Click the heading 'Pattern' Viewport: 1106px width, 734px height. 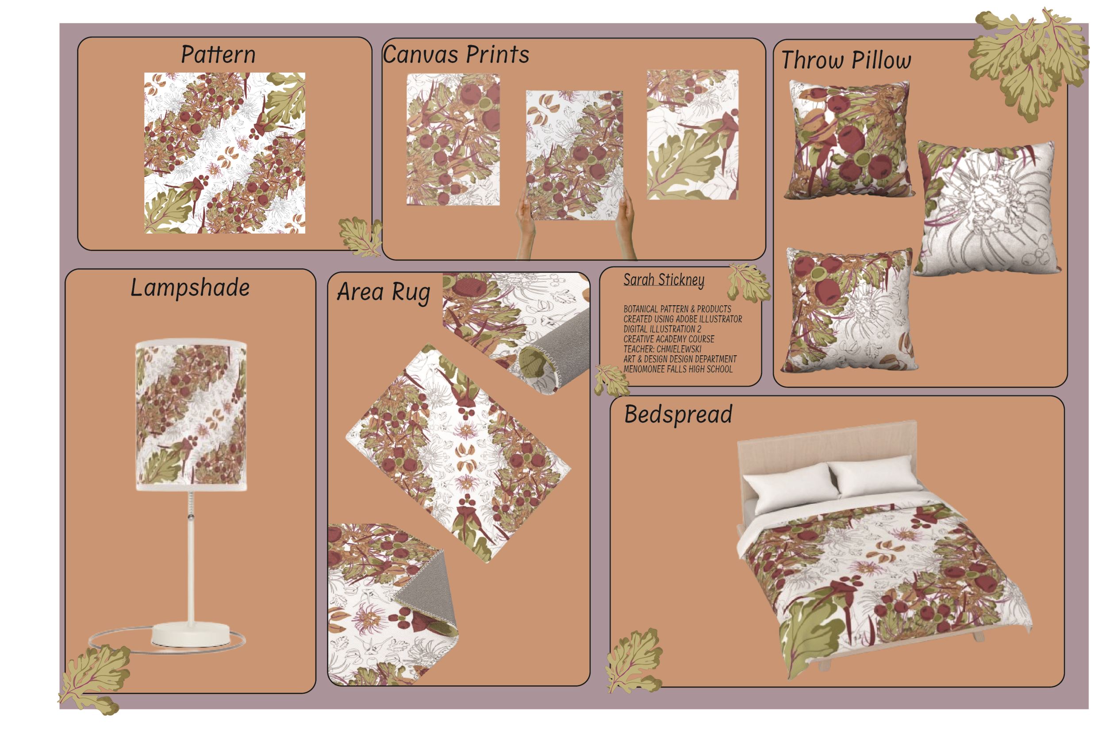click(218, 55)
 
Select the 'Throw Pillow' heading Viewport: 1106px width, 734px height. click(846, 60)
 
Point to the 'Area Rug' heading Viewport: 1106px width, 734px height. click(383, 292)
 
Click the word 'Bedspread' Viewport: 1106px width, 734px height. click(678, 414)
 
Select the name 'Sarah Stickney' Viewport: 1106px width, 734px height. click(663, 280)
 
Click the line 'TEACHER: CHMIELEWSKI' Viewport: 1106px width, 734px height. click(662, 349)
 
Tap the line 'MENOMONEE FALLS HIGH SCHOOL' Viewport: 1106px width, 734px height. click(677, 369)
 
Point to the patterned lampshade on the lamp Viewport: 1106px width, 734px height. click(191, 417)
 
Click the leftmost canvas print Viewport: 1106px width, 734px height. click(453, 139)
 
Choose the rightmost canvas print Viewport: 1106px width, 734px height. click(692, 135)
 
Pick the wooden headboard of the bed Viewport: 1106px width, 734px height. click(826, 445)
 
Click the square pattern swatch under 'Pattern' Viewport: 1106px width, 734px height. click(225, 153)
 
